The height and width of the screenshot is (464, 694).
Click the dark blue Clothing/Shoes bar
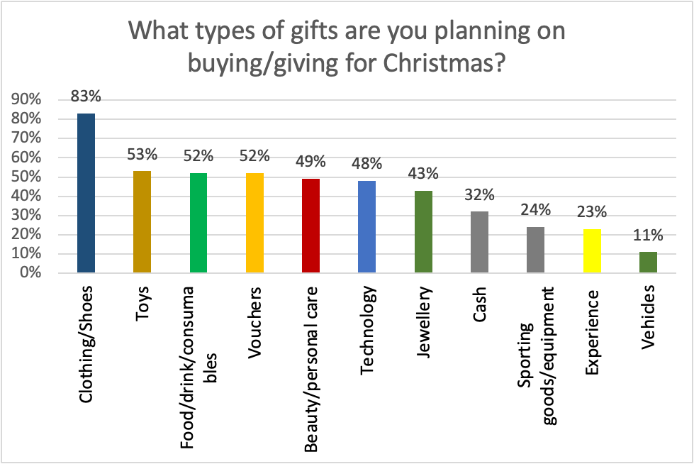pos(86,193)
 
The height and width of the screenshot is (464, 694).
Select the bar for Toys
pos(142,221)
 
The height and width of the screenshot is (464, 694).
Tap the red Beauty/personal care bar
pos(310,226)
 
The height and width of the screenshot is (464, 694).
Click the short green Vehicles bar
pos(648,262)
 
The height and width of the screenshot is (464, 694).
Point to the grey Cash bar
pos(479,242)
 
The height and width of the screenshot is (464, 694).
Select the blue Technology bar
pos(366,226)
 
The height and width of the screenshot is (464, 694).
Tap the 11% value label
pos(648,235)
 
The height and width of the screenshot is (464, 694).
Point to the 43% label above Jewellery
pos(423,173)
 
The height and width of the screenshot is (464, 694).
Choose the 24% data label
pos(535,210)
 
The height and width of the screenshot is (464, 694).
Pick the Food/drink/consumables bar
pos(198,223)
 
